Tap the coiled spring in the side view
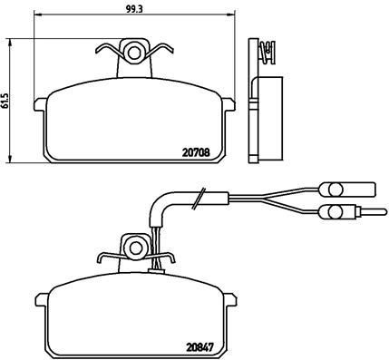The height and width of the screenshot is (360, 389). click(x=267, y=53)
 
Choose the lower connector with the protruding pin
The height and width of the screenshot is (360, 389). click(x=337, y=214)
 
